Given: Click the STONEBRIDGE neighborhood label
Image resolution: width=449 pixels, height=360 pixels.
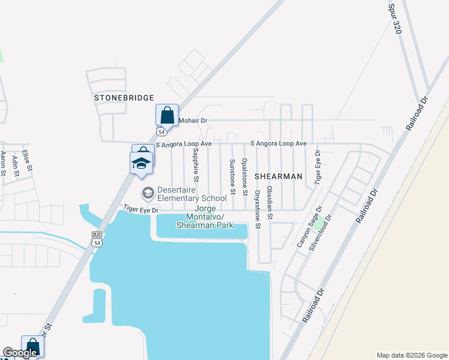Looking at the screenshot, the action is pyautogui.click(x=124, y=97).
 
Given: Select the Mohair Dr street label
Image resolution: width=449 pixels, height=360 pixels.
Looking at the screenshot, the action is pyautogui.click(x=193, y=121).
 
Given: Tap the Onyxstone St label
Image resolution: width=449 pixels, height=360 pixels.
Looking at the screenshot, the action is pyautogui.click(x=257, y=209).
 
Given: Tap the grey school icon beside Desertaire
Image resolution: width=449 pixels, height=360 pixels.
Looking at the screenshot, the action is pyautogui.click(x=147, y=193).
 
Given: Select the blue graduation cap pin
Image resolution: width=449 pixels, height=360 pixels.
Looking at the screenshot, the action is pyautogui.click(x=142, y=163).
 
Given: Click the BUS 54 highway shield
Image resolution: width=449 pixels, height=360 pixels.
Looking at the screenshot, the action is pyautogui.click(x=97, y=238).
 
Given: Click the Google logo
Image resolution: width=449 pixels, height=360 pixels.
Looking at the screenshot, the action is pyautogui.click(x=20, y=353).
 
